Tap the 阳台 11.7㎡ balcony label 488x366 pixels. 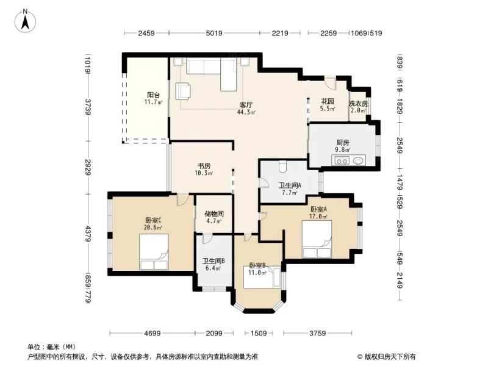[153, 98]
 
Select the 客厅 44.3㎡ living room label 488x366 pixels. [246, 108]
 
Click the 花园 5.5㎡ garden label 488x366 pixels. [328, 105]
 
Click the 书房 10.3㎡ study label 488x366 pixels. [204, 169]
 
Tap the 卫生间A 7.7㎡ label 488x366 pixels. [289, 189]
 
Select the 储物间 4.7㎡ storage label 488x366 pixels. [214, 218]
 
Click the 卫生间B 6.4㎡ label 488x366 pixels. [213, 264]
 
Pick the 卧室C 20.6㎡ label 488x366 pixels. [153, 223]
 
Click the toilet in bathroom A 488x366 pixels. [282, 167]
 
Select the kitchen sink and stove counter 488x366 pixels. [348, 161]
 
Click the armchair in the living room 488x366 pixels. [183, 91]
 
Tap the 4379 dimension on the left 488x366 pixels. [88, 233]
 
